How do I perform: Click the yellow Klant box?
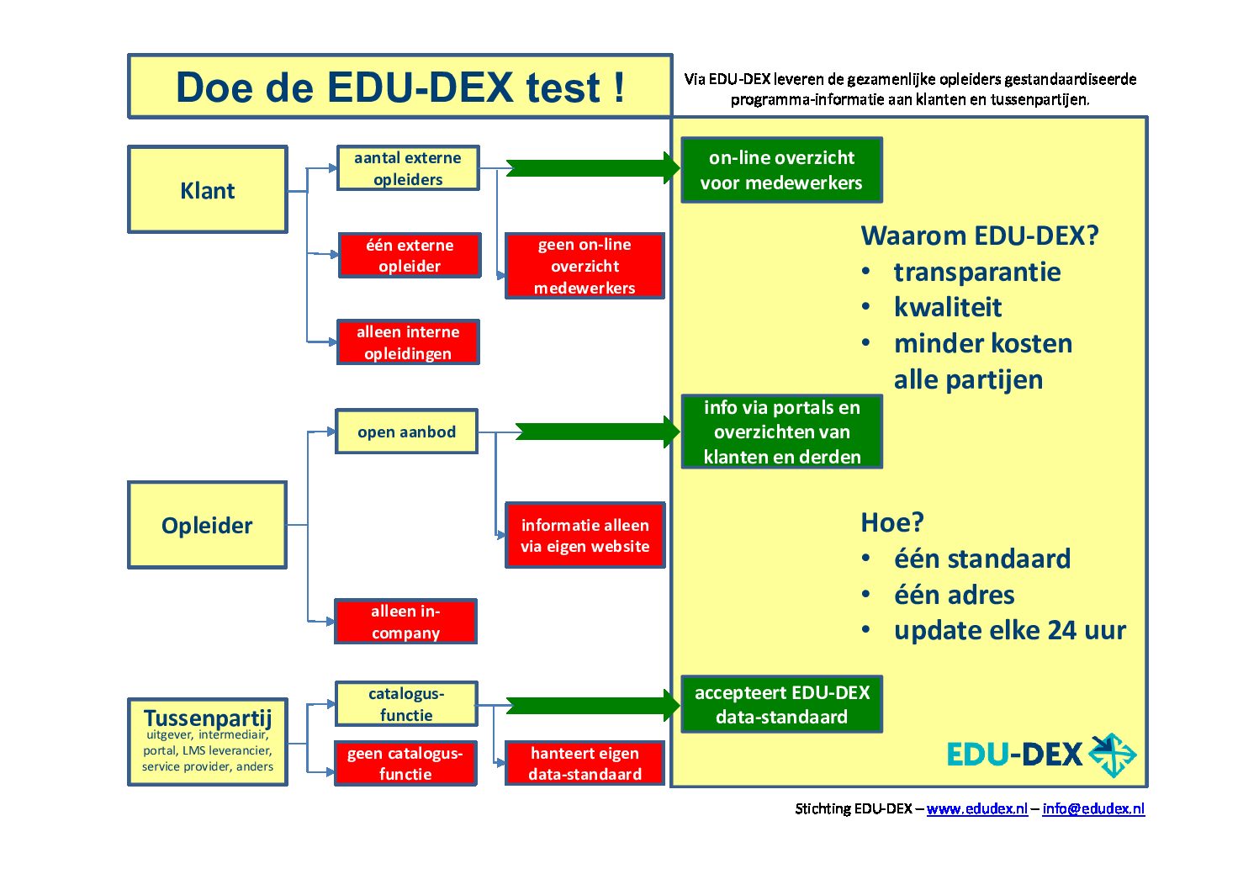click(x=208, y=190)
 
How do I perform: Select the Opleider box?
click(x=207, y=526)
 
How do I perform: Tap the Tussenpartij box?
click(x=208, y=742)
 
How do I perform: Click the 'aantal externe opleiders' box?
click(x=408, y=168)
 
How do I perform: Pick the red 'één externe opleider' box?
click(x=410, y=256)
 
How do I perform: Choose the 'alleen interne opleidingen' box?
click(x=408, y=342)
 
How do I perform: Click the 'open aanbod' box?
click(x=406, y=432)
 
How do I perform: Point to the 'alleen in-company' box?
click(x=405, y=622)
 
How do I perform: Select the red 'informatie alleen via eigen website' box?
click(x=585, y=536)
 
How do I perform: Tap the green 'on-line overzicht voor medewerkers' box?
click(x=781, y=170)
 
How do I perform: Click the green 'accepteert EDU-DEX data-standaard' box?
click(x=781, y=705)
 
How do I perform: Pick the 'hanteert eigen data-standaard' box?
click(x=585, y=764)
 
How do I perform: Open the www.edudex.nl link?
click(x=976, y=808)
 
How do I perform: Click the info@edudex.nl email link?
click(x=1093, y=808)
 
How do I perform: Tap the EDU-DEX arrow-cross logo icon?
click(x=1112, y=755)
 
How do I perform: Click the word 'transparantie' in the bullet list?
click(x=976, y=272)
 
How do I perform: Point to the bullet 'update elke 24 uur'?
click(x=1009, y=630)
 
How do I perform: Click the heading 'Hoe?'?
click(x=891, y=522)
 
